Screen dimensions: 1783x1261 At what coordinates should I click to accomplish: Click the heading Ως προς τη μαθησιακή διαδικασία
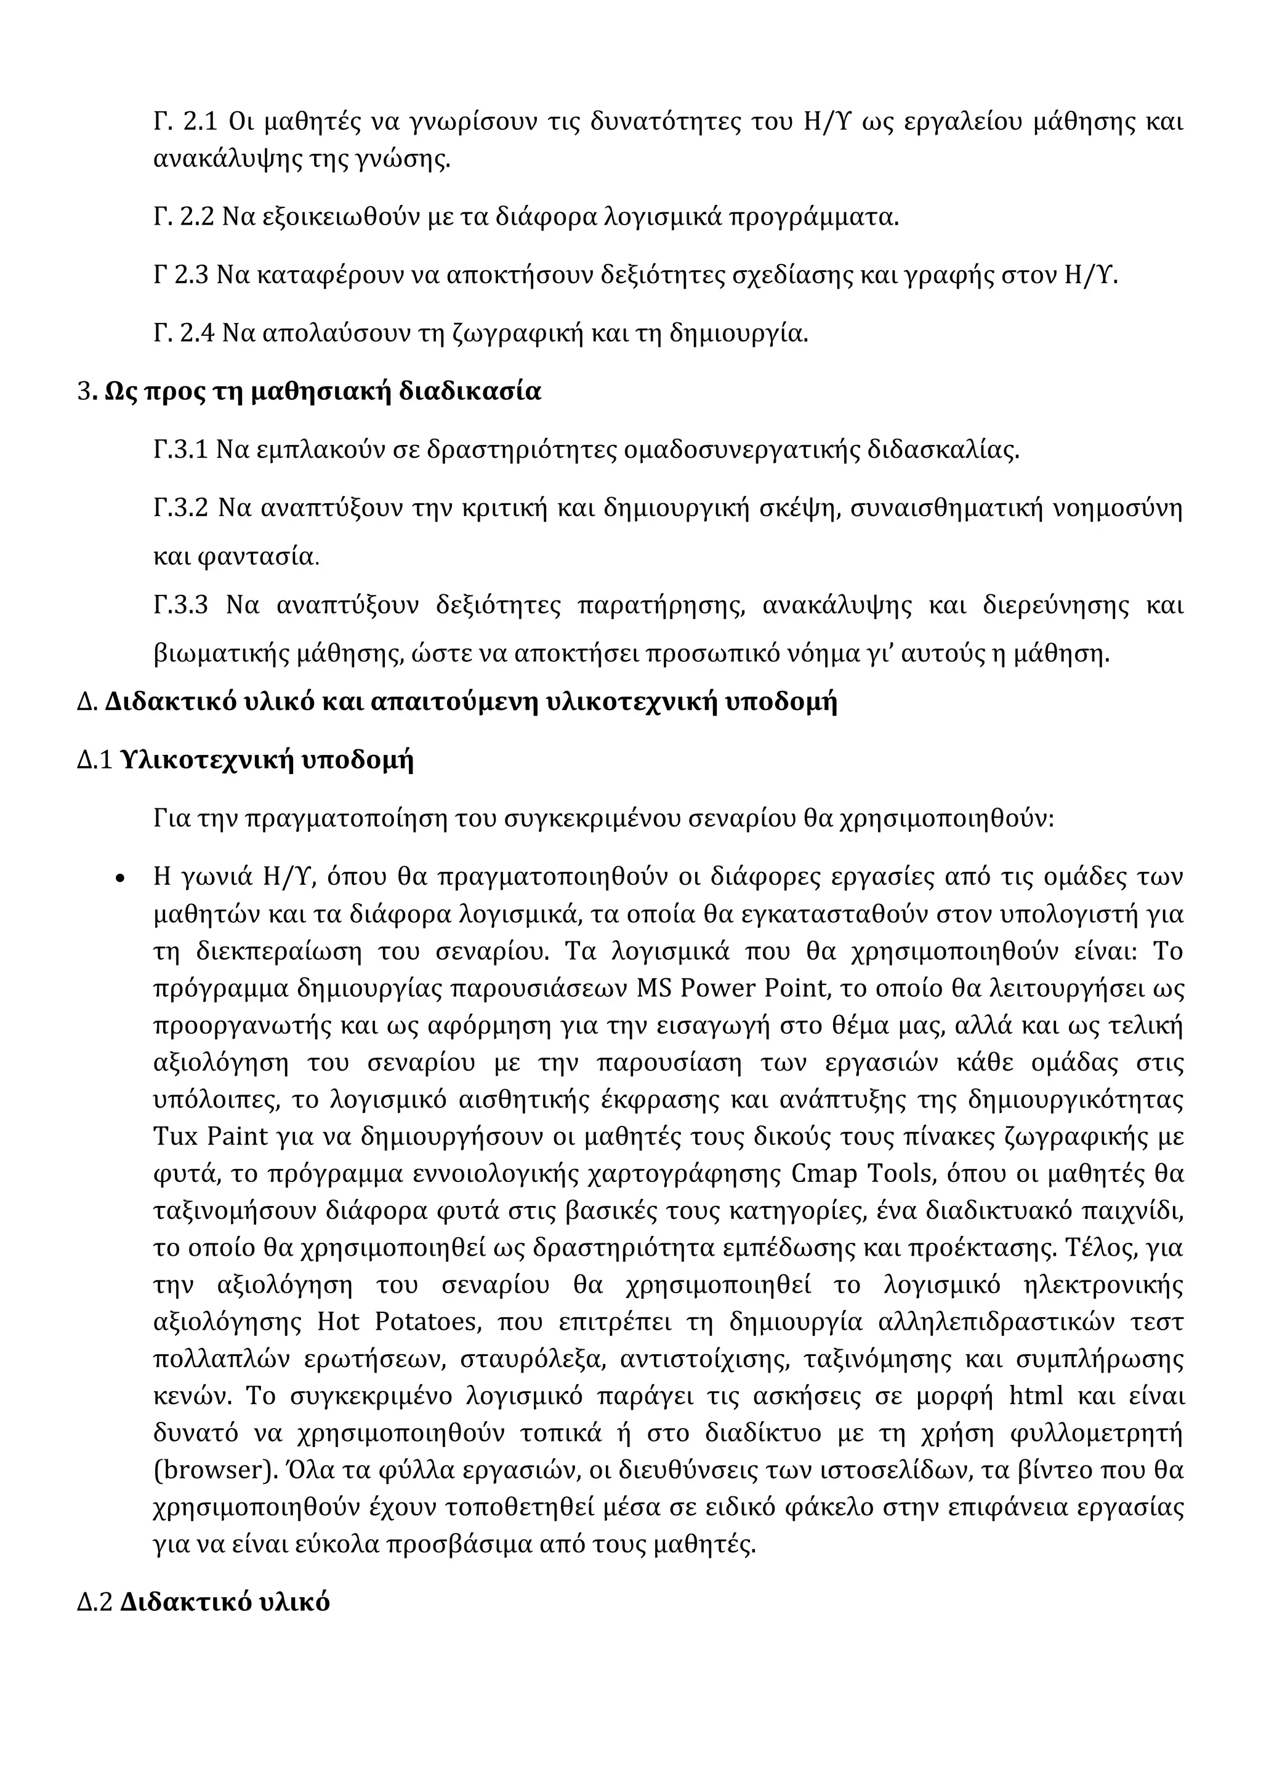click(323, 391)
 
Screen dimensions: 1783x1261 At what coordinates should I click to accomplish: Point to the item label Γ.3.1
click(180, 450)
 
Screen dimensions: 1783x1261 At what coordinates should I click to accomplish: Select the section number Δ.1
click(95, 760)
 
